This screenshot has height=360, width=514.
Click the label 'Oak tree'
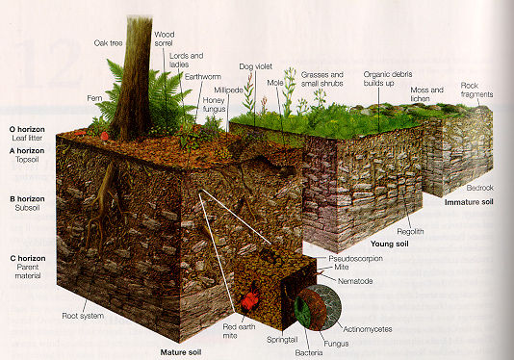pos(108,43)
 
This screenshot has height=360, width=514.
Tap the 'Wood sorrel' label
pos(164,39)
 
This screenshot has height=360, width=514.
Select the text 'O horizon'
pos(27,129)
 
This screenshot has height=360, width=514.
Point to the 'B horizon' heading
pos(27,199)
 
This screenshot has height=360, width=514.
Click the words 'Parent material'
pos(28,271)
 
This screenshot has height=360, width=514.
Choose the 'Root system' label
pos(83,316)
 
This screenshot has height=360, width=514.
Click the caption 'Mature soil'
pos(181,352)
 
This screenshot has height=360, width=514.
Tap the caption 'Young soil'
pos(390,244)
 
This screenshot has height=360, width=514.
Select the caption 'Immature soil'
pos(469,202)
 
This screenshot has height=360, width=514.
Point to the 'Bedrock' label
pos(480,188)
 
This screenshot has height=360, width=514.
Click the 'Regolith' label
pos(410,231)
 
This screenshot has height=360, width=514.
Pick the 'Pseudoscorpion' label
pos(356,259)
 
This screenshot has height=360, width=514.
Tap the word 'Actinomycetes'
pos(368,329)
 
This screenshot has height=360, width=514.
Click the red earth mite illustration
pos(251,299)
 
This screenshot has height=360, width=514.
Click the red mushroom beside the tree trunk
pos(105,136)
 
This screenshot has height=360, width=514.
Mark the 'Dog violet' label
pos(255,66)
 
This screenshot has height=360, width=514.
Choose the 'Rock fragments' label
pos(476,90)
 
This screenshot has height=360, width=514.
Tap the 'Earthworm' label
pos(203,77)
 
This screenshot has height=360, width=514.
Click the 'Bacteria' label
pos(309,353)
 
